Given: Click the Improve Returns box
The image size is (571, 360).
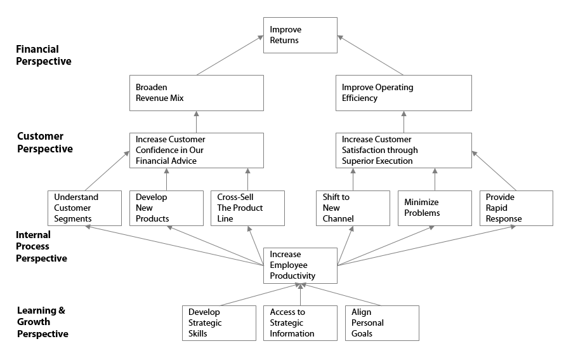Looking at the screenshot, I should (x=300, y=35).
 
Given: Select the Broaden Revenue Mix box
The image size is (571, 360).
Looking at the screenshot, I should (x=196, y=93).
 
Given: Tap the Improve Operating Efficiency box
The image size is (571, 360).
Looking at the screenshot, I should (x=403, y=93).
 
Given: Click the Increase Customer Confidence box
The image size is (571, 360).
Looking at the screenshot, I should (x=196, y=150).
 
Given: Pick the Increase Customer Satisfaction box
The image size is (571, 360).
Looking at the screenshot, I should (x=403, y=150).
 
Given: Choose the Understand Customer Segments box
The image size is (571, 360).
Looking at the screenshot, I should (x=84, y=208).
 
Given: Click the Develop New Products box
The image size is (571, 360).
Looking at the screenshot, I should (x=166, y=208).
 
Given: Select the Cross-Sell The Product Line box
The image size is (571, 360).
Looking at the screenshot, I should (x=247, y=208).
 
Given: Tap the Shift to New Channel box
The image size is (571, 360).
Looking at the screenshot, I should (x=353, y=208).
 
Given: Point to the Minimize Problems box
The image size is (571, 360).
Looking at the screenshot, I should (x=435, y=208).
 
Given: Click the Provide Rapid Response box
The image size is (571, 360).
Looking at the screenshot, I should (x=516, y=208).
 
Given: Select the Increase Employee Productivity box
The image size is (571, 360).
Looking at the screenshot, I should (x=300, y=265).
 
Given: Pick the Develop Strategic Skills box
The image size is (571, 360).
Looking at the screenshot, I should (x=218, y=323).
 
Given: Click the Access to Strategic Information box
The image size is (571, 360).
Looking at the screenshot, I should (x=300, y=323).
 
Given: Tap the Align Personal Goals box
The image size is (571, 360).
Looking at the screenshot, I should (x=382, y=323).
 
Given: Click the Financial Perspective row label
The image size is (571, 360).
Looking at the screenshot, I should (x=43, y=55).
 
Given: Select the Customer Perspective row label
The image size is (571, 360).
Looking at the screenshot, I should (x=44, y=143).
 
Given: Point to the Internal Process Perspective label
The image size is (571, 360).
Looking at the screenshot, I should (x=41, y=247).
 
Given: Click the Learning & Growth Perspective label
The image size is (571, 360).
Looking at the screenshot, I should (x=43, y=322).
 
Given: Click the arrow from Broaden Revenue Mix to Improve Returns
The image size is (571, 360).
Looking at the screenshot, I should (x=230, y=55).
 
